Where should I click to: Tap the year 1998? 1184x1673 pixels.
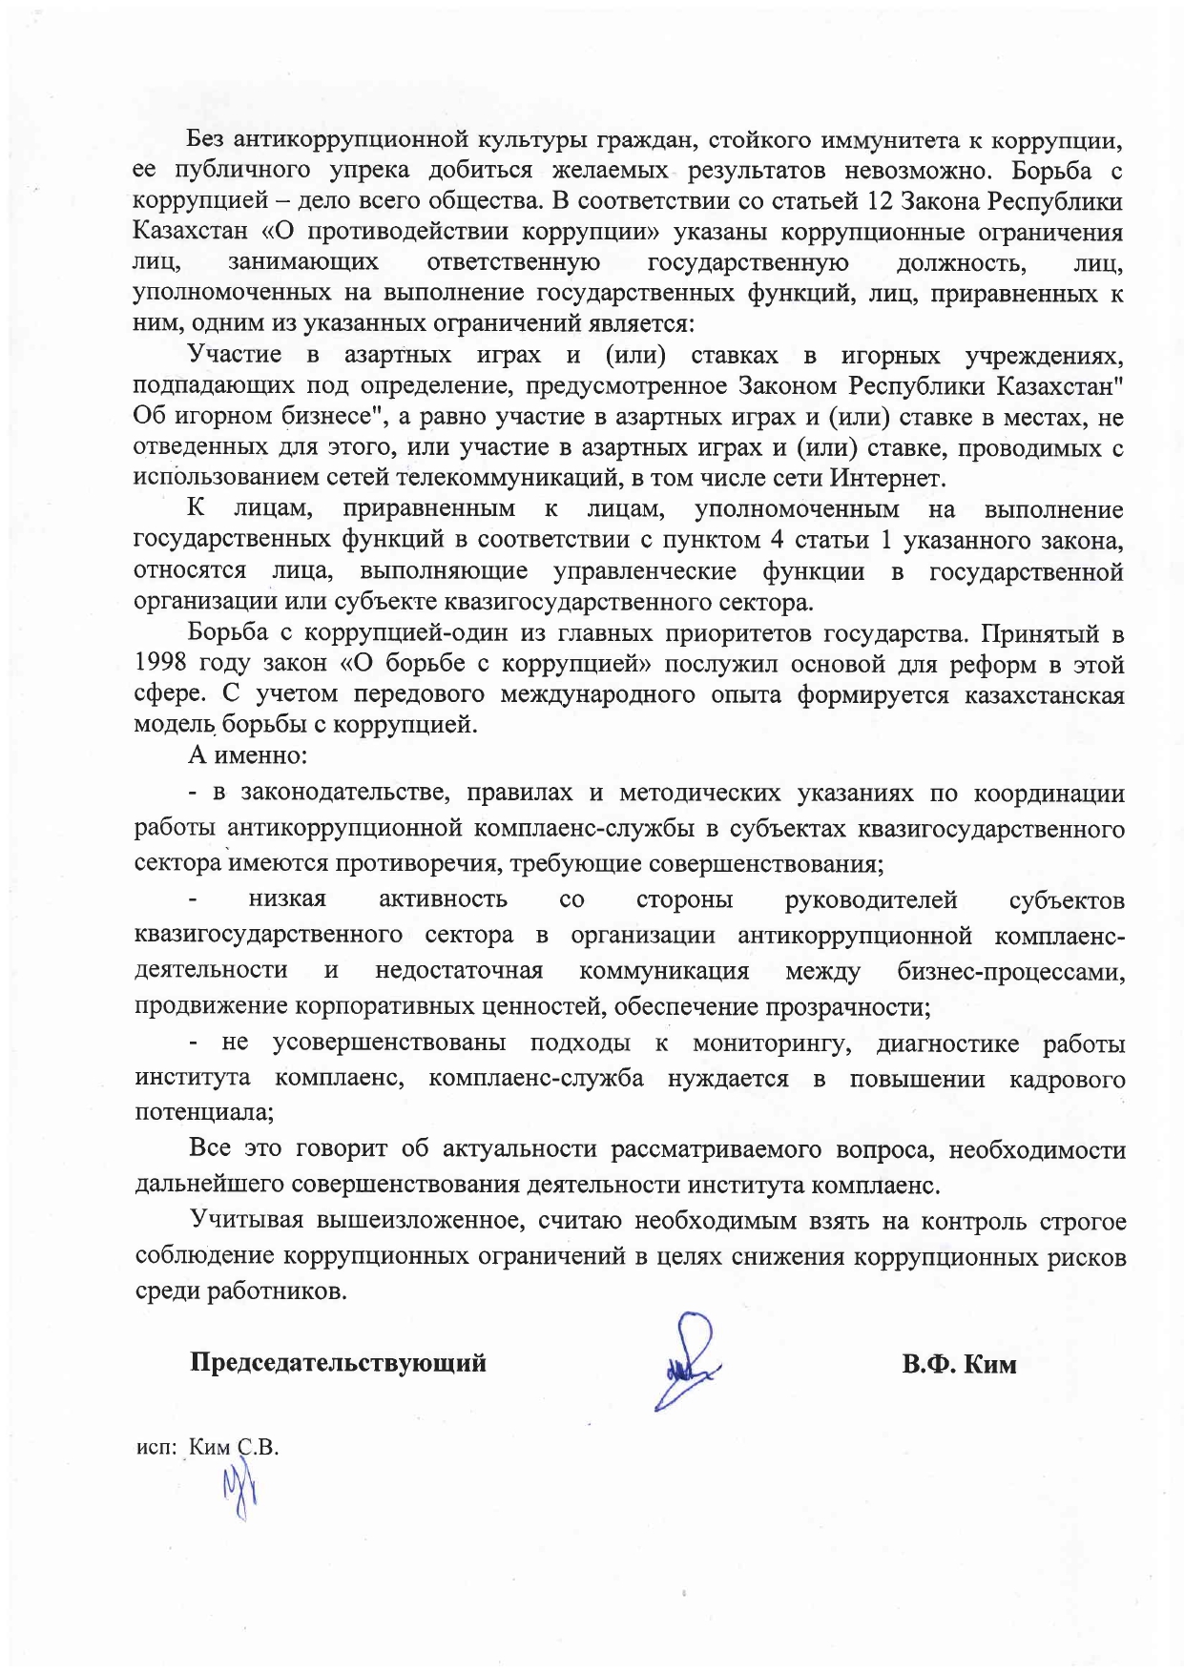pyautogui.click(x=163, y=665)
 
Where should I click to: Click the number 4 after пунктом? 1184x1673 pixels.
pyautogui.click(x=778, y=540)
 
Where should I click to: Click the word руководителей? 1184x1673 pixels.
pyautogui.click(x=870, y=899)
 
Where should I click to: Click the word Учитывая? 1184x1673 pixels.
pyautogui.click(x=247, y=1221)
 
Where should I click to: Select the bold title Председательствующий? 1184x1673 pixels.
pyautogui.click(x=339, y=1362)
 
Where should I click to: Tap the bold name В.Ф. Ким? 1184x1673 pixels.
pyautogui.click(x=959, y=1364)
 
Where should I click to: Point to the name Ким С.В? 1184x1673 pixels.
pyautogui.click(x=234, y=1447)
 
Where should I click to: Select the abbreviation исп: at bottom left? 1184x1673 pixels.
pyautogui.click(x=156, y=1448)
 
